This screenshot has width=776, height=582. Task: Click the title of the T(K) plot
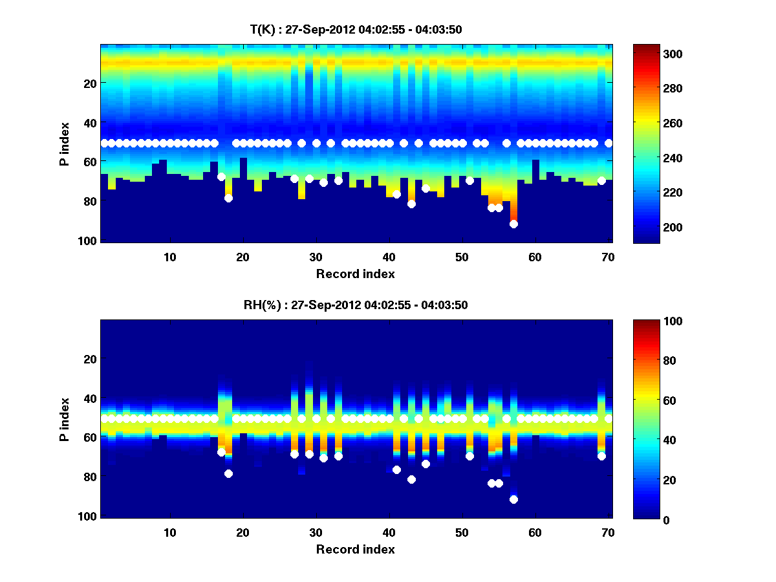click(x=356, y=29)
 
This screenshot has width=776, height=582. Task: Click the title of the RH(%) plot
click(x=356, y=305)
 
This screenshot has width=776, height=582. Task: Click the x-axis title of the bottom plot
click(x=356, y=549)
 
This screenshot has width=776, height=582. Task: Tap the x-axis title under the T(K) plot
click(x=356, y=274)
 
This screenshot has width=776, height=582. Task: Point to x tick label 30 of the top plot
click(x=316, y=257)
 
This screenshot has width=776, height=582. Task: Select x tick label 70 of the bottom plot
click(x=608, y=532)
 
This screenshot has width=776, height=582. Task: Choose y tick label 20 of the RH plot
click(x=90, y=359)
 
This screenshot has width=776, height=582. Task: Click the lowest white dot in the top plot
click(x=513, y=224)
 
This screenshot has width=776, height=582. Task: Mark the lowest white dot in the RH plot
click(x=513, y=499)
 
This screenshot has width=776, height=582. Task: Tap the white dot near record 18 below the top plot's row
click(x=228, y=198)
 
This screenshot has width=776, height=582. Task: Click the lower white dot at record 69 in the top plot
click(x=601, y=180)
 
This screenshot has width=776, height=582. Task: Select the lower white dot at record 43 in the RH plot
click(x=411, y=479)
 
